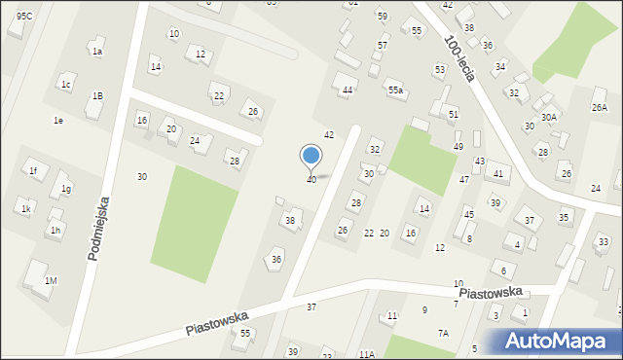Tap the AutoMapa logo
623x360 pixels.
(560, 341)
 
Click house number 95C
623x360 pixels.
(24, 16)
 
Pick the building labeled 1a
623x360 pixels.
(97, 51)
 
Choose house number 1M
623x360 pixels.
(51, 281)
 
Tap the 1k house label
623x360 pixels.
(27, 209)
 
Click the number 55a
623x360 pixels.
(395, 90)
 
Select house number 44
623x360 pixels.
(347, 90)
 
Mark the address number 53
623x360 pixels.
(440, 70)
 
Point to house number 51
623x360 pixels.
(454, 115)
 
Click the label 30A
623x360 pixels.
(549, 117)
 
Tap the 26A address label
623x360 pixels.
(600, 107)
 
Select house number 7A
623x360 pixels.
(443, 333)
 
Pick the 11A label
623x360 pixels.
(366, 354)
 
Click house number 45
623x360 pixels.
(468, 214)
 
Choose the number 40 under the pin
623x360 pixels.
(311, 180)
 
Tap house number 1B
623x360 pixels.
(97, 95)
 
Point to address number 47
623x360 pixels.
(464, 180)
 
